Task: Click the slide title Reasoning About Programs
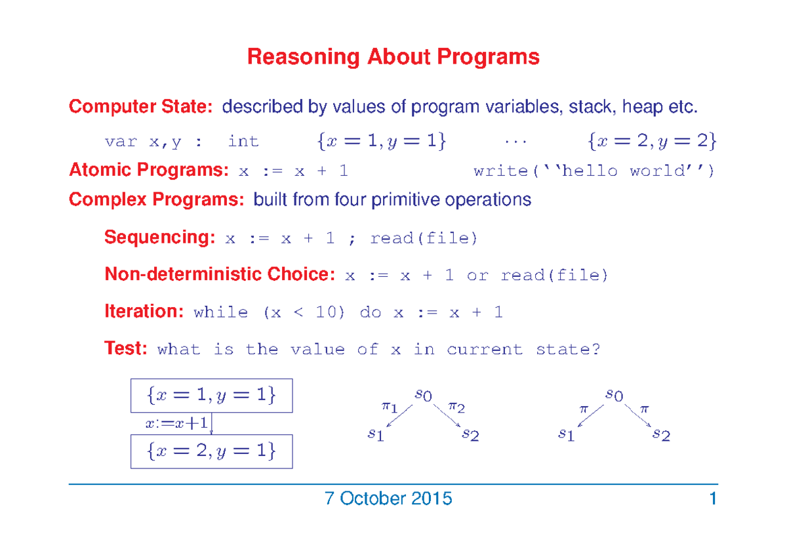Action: click(x=393, y=57)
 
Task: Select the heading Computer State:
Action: click(x=141, y=106)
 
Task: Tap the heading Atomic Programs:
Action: click(x=149, y=171)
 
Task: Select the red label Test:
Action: click(x=126, y=348)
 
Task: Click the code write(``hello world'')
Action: click(x=594, y=171)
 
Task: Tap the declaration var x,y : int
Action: click(x=182, y=142)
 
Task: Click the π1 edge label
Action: click(x=390, y=407)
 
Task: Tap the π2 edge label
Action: click(x=456, y=407)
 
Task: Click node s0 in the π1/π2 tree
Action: click(x=423, y=394)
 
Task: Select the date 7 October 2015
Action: click(x=388, y=499)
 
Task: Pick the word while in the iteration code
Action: click(x=221, y=312)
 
